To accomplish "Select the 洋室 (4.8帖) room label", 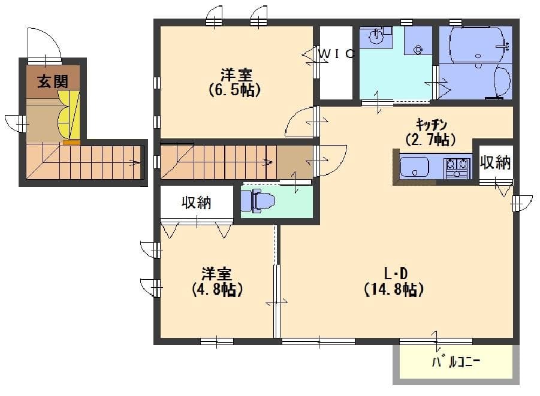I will [216, 282].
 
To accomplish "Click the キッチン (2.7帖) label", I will [431, 132].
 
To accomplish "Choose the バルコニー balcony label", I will [456, 362].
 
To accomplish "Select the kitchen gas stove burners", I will [457, 167].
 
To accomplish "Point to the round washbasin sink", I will [376, 37].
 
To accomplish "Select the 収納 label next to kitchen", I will [496, 162].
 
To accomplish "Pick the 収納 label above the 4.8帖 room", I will [197, 203].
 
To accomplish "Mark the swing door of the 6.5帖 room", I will [301, 123].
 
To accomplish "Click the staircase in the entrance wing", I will [84, 162].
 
